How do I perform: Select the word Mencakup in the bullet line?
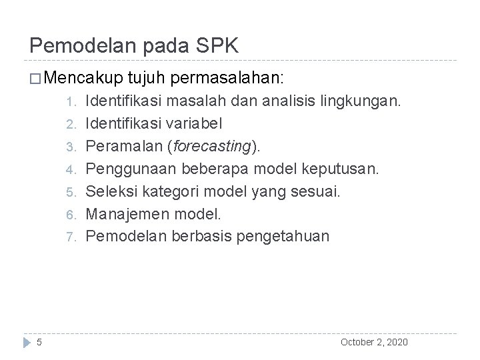coord(88,78)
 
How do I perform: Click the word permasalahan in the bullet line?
coord(227,78)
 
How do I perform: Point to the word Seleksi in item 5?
coord(111,191)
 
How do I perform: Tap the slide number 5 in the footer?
coord(39,342)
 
